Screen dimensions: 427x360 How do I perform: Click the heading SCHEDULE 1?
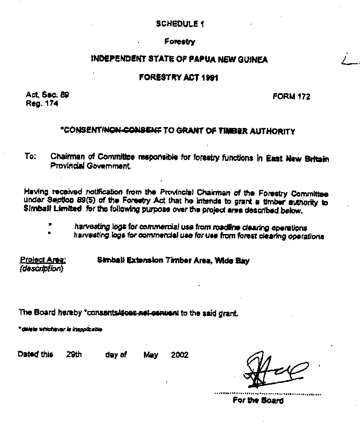click(x=180, y=24)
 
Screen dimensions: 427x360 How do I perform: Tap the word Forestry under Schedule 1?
click(x=180, y=42)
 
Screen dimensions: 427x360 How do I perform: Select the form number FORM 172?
click(x=291, y=97)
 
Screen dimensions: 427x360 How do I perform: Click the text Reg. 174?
click(x=42, y=104)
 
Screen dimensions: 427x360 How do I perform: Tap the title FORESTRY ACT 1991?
click(x=178, y=77)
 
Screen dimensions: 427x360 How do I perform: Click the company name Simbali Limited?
click(x=52, y=208)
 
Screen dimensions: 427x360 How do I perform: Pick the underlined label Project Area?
click(x=43, y=260)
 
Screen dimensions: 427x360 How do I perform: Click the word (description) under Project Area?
click(x=41, y=268)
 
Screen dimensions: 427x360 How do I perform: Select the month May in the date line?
click(x=151, y=355)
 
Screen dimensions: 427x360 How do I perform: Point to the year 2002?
click(x=180, y=355)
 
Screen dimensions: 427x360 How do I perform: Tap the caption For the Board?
click(x=258, y=400)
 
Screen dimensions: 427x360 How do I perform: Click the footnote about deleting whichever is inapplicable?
click(x=60, y=329)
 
